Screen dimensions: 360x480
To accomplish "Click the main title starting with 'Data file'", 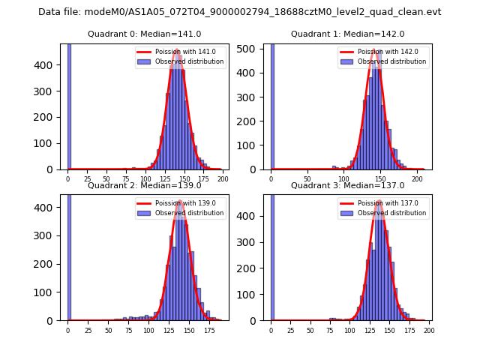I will pos(240,12).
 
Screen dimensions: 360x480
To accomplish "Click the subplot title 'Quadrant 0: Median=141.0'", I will pos(145,34).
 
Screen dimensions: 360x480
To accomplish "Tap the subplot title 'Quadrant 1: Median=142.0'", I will pos(348,34).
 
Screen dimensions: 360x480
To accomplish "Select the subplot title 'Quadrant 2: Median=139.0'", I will pos(145,185).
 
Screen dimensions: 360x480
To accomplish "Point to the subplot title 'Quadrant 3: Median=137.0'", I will pos(348,185).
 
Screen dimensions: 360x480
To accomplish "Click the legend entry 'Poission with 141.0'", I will pos(180,52).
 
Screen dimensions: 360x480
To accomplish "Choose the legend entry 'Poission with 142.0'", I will pos(383,52).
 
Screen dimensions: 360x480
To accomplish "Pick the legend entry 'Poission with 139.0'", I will pos(180,203).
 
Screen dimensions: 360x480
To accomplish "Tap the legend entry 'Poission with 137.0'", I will pos(383,203).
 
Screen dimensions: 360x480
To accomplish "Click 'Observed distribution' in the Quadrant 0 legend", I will pos(189,61).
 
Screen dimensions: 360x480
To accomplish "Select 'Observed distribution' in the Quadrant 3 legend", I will pos(392,213).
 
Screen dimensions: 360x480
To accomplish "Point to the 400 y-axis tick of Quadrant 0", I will pos(52,65).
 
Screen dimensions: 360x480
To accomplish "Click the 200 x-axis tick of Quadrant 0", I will pos(223,180).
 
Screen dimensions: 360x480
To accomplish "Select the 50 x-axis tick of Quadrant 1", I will pos(307,180).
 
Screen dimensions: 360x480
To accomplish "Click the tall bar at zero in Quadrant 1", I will pos(272,105).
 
